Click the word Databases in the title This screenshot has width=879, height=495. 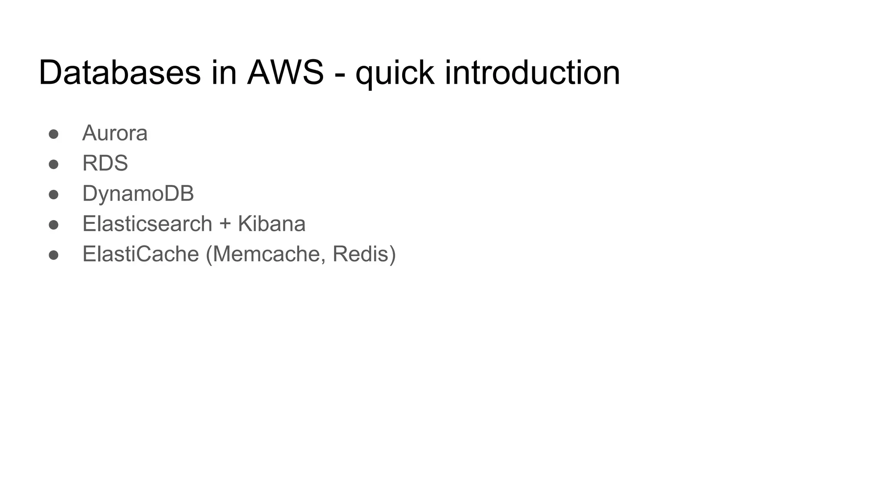(119, 72)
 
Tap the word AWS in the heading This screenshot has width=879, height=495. (285, 72)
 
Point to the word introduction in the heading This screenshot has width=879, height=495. (532, 72)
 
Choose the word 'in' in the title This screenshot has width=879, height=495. (224, 72)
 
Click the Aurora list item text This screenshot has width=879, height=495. (115, 133)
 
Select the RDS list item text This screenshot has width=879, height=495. (105, 163)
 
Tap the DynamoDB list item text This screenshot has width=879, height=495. (138, 194)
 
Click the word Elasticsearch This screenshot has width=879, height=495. (147, 224)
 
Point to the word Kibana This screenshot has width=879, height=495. (271, 224)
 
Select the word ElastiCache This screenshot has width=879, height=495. (140, 254)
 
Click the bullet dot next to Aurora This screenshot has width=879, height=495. (54, 134)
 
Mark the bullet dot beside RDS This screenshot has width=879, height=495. (54, 165)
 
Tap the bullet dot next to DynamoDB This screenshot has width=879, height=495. (54, 195)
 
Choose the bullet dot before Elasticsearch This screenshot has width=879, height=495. (54, 225)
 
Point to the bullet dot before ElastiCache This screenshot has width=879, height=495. (54, 255)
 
